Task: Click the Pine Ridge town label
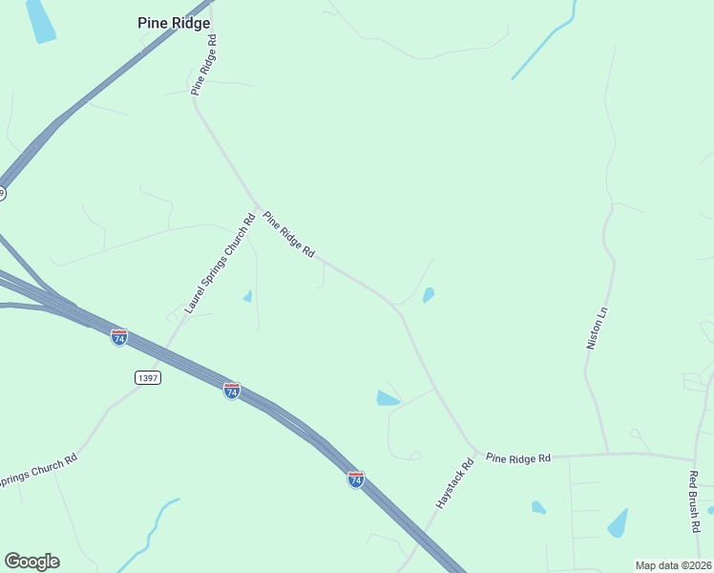click(x=174, y=23)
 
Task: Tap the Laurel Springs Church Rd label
click(x=220, y=265)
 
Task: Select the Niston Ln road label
click(x=597, y=328)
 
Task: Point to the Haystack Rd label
click(x=454, y=484)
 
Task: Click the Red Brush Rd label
click(x=695, y=500)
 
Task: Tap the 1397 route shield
click(x=147, y=377)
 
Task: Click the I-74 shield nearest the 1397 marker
click(x=119, y=337)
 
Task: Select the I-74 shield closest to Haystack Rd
click(x=355, y=479)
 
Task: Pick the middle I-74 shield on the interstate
click(x=232, y=391)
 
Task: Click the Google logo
click(x=31, y=562)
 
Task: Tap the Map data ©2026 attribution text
click(x=674, y=565)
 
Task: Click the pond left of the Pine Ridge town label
click(x=40, y=21)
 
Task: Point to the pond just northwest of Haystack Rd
click(x=387, y=398)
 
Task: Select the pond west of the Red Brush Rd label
click(x=619, y=522)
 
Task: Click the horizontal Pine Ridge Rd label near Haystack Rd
click(x=518, y=458)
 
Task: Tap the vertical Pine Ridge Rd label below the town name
click(x=204, y=65)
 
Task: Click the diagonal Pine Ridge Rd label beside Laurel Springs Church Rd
click(x=288, y=235)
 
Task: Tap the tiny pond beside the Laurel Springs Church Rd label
click(x=248, y=296)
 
